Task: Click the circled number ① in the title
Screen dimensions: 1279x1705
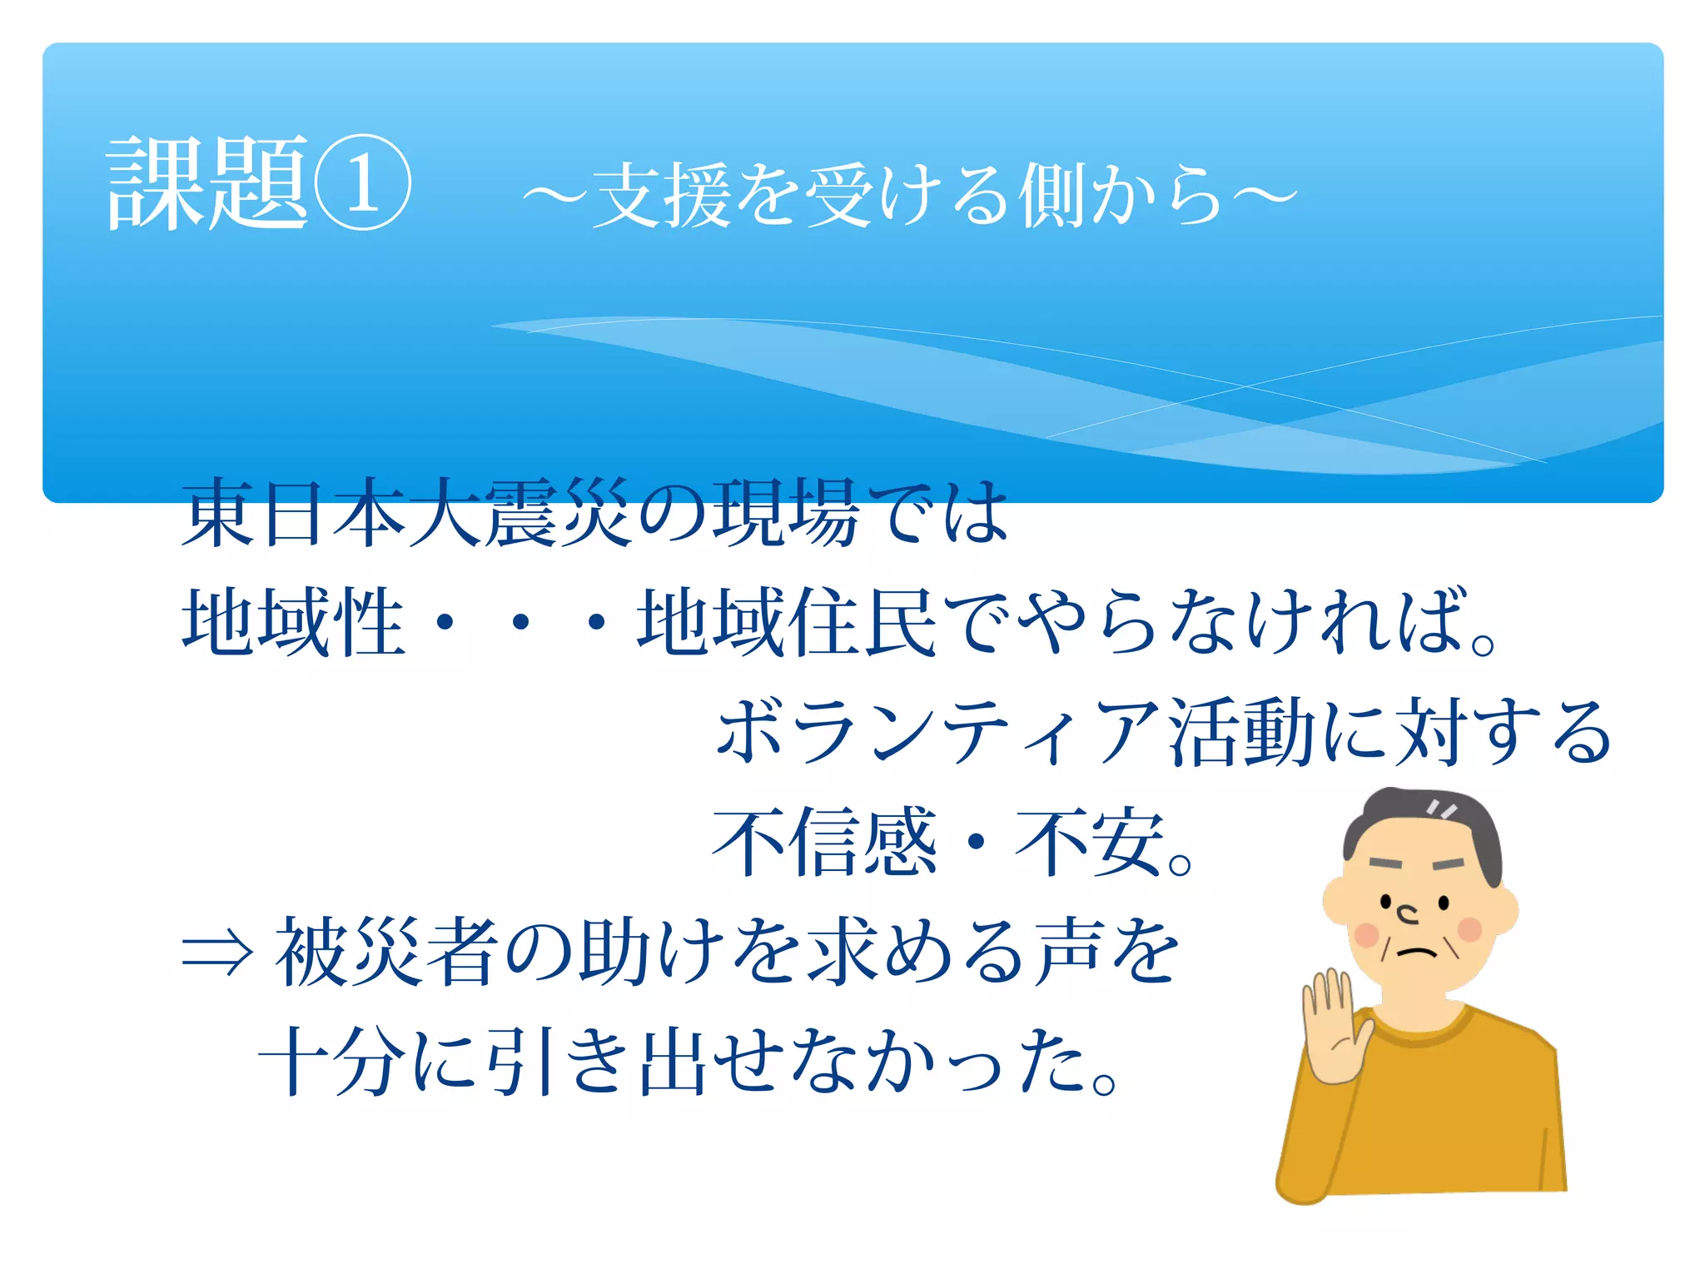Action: click(361, 182)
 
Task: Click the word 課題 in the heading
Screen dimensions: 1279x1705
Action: click(207, 182)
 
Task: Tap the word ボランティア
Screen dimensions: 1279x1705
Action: click(937, 732)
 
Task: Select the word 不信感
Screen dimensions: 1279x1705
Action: click(824, 842)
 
